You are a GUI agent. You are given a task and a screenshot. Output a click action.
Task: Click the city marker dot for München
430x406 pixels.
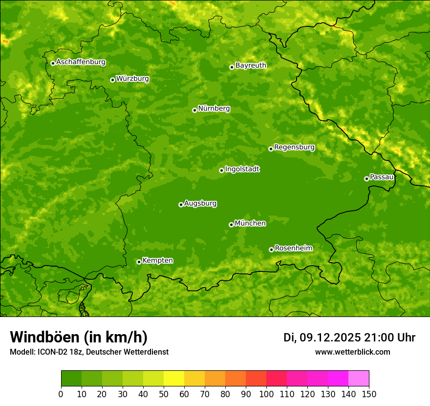[x=231, y=225]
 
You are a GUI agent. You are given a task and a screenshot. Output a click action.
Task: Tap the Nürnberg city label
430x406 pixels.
[x=214, y=109]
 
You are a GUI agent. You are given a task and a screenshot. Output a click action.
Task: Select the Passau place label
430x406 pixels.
[x=382, y=177]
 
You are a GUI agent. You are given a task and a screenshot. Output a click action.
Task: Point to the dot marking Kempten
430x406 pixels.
[x=139, y=262]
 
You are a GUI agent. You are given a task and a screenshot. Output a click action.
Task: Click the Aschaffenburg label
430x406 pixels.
[x=81, y=62]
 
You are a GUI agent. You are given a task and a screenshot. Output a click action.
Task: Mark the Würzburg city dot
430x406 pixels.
[x=112, y=80]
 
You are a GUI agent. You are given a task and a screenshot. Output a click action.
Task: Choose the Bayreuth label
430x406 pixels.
[x=251, y=66]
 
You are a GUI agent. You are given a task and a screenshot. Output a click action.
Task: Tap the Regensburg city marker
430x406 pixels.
[x=271, y=149]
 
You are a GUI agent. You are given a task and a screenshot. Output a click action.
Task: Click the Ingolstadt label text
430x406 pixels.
[x=242, y=169]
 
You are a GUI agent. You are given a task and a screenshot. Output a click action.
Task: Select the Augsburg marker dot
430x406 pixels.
[x=181, y=204]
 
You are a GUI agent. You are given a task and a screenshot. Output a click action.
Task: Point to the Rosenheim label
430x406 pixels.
[x=293, y=248]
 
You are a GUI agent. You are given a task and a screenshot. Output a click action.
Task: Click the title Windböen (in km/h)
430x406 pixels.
[x=79, y=337]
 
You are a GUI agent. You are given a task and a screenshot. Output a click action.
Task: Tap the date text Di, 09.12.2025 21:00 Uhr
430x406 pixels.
[x=349, y=338]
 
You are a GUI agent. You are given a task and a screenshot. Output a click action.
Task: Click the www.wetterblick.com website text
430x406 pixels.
[x=352, y=352]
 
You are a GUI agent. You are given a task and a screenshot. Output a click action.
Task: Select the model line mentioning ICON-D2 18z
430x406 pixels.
[x=89, y=352]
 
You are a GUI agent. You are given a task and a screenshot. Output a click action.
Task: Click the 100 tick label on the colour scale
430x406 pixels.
[x=266, y=394]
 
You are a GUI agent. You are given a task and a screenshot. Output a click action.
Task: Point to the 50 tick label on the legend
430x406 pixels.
[x=164, y=394]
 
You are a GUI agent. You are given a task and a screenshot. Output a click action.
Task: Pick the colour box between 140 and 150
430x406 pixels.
[x=359, y=379]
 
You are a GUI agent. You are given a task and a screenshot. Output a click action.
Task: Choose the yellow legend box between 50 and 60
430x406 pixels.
[x=174, y=379]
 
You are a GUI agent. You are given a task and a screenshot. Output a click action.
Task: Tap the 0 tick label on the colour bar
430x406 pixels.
[x=61, y=394]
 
